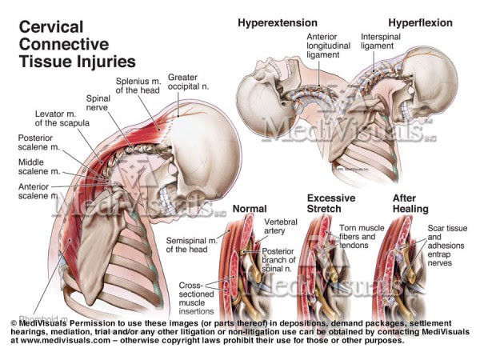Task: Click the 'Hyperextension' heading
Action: (276, 22)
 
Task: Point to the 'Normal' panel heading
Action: (248, 210)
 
